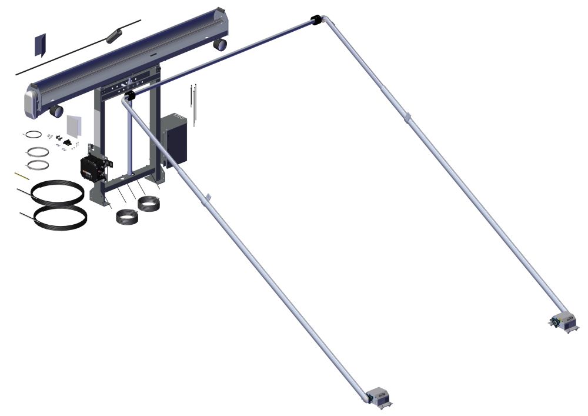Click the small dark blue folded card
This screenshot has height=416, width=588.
coord(40,45)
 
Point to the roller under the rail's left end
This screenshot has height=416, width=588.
coord(56,111)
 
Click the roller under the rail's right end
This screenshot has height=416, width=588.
coord(220,45)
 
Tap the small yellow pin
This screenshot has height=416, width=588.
coord(20,175)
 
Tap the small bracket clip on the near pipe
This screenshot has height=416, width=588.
coord(206,198)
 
